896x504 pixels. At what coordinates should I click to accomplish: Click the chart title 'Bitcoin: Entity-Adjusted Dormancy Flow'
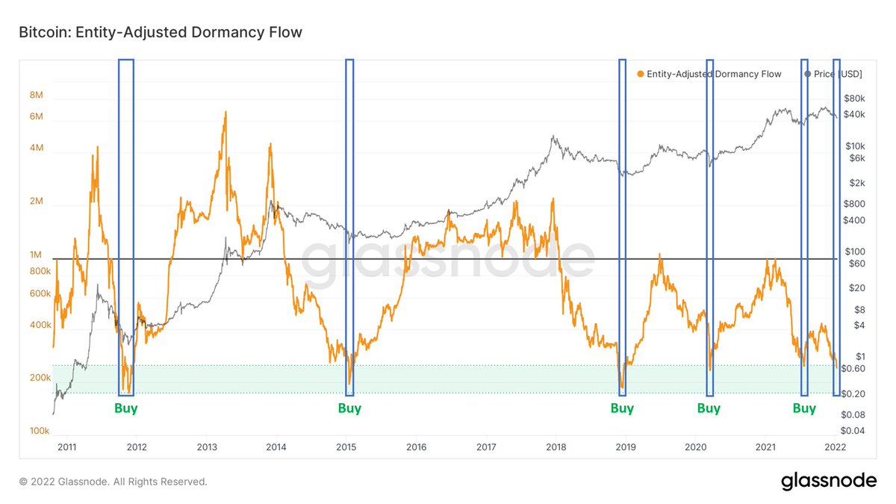161,32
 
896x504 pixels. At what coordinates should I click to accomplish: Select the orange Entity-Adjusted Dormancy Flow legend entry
709,74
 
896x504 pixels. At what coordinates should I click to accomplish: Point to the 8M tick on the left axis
36,96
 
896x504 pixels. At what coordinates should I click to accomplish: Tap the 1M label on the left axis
36,255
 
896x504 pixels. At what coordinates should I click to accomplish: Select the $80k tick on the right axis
853,99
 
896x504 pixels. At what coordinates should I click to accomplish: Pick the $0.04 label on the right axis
853,431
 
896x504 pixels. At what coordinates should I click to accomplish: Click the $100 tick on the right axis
853,252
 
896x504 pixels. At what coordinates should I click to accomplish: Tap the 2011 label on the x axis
67,447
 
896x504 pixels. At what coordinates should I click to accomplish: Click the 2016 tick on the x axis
416,447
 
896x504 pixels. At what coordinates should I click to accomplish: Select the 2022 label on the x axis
835,447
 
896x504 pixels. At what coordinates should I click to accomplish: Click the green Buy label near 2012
125,408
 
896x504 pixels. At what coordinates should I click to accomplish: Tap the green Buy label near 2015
349,408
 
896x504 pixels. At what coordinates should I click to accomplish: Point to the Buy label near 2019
622,408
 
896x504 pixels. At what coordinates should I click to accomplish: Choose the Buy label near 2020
709,408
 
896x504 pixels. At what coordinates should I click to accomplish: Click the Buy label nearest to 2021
804,408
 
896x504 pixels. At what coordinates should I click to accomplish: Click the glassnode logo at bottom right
829,482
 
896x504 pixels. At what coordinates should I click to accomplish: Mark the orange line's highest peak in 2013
224,113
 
